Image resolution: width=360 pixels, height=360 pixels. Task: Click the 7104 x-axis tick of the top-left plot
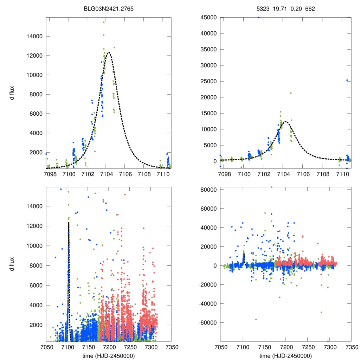tap(106, 173)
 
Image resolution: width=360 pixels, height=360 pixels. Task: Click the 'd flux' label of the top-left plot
tap(12, 93)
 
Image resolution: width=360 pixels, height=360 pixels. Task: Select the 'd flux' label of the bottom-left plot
tap(12, 264)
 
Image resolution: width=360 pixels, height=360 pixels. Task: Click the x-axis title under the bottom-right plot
tap(285, 355)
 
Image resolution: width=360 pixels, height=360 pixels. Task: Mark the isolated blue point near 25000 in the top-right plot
tap(347, 80)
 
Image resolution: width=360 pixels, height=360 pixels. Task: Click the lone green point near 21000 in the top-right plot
tap(291, 93)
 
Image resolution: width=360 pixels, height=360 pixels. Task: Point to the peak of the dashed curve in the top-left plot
tap(109, 52)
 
